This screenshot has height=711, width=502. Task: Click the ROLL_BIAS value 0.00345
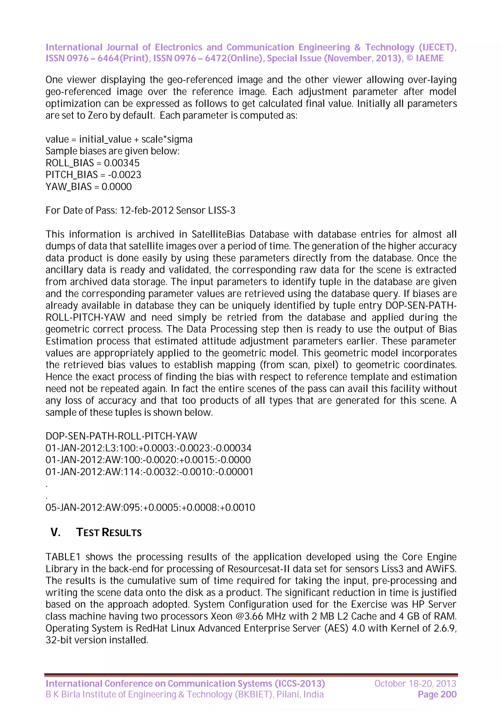[x=122, y=163]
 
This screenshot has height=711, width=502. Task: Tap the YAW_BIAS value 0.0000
[x=117, y=187]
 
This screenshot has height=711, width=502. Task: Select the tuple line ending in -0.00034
[x=149, y=448]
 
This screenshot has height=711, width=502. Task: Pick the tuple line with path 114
[x=149, y=472]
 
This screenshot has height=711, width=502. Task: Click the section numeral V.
[x=55, y=533]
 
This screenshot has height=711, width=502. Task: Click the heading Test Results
[x=109, y=533]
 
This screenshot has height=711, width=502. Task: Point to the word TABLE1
[x=63, y=557]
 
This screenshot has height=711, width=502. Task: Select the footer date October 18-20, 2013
[x=415, y=684]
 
